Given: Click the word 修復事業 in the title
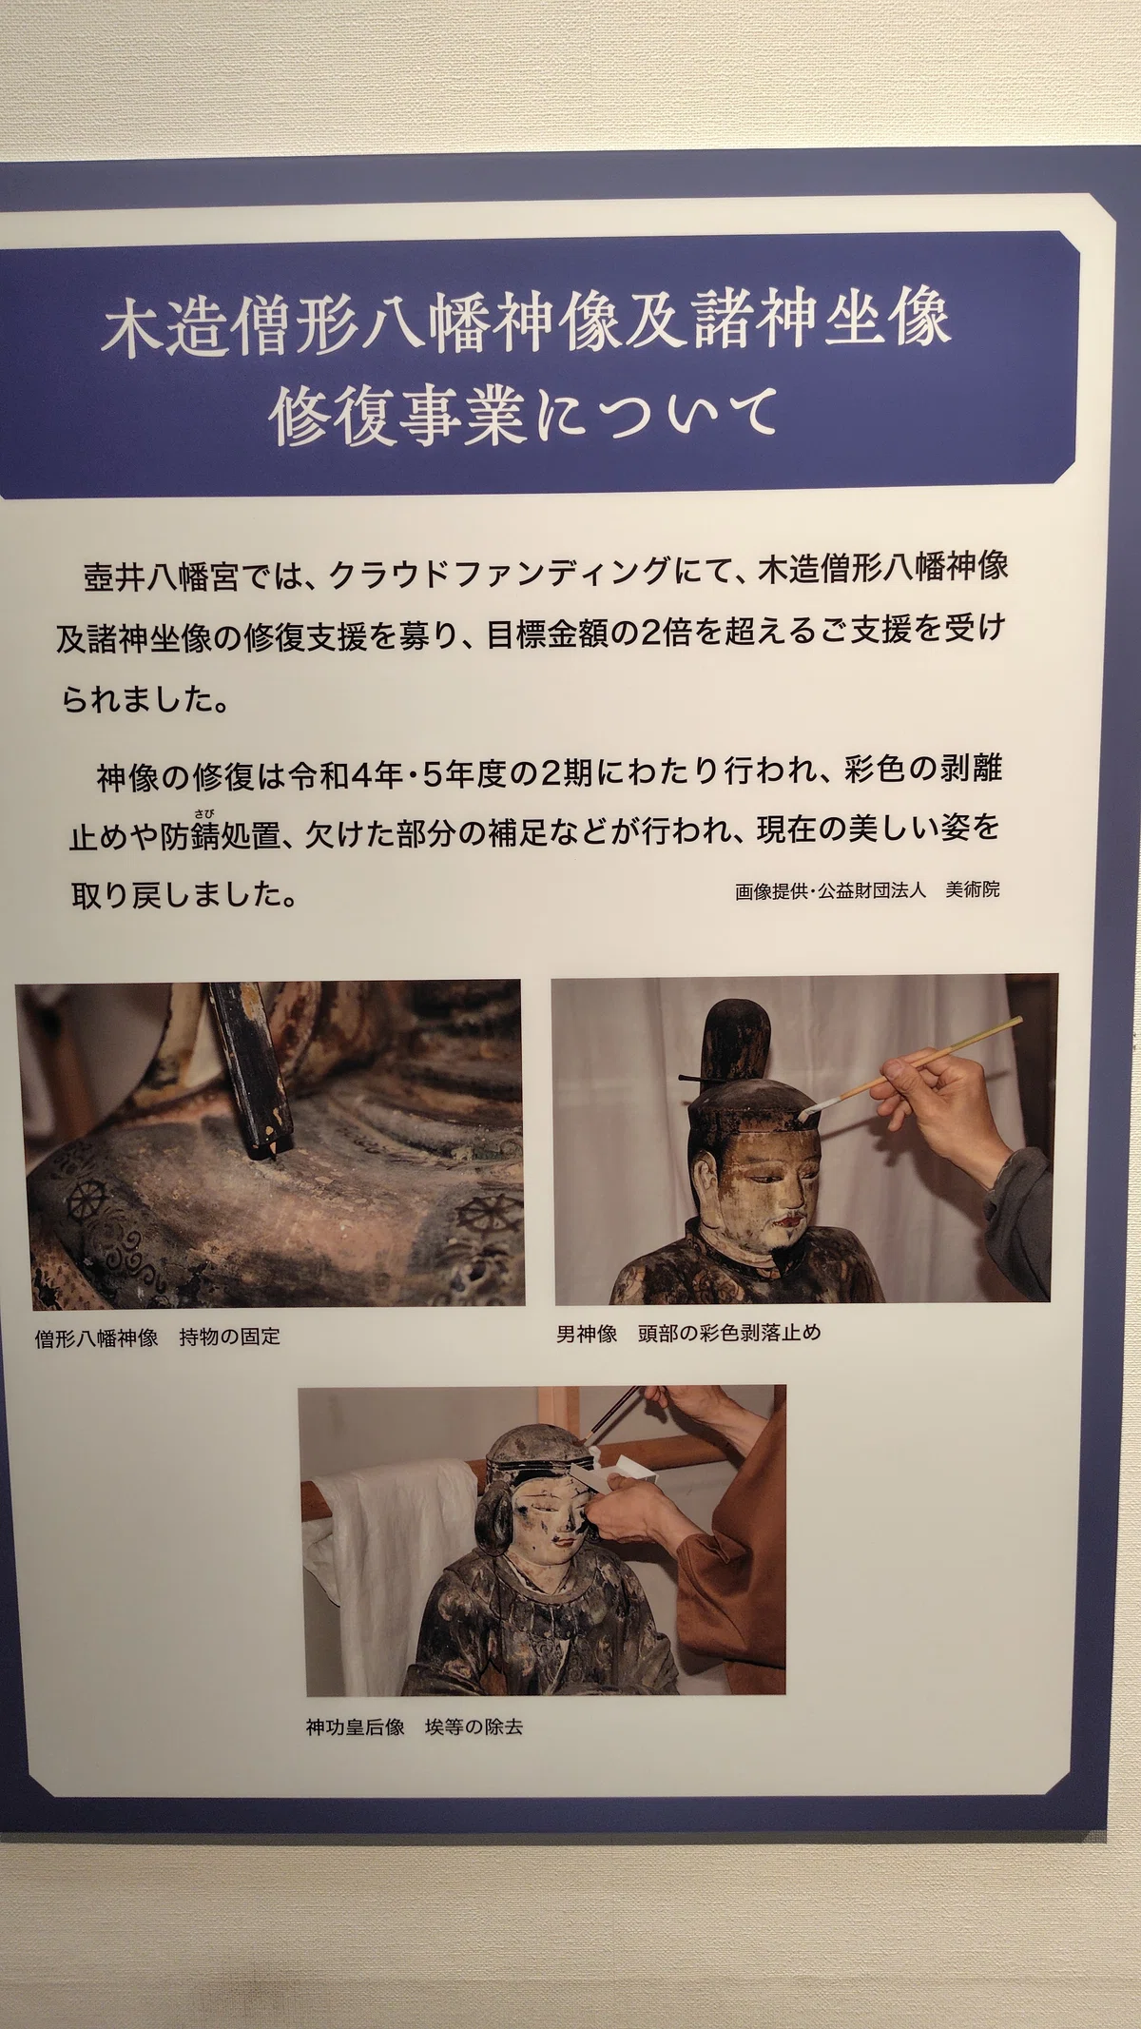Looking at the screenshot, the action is (x=396, y=417).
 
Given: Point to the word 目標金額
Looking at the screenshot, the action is (x=547, y=634).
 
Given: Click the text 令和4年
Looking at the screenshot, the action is (x=347, y=775).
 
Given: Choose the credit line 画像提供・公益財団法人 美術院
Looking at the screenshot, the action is (x=867, y=890).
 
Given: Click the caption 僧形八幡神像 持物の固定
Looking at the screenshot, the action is (x=158, y=1336).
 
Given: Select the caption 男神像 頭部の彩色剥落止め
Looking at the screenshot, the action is (x=688, y=1333).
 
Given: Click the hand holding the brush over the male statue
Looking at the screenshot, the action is (x=947, y=1104).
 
